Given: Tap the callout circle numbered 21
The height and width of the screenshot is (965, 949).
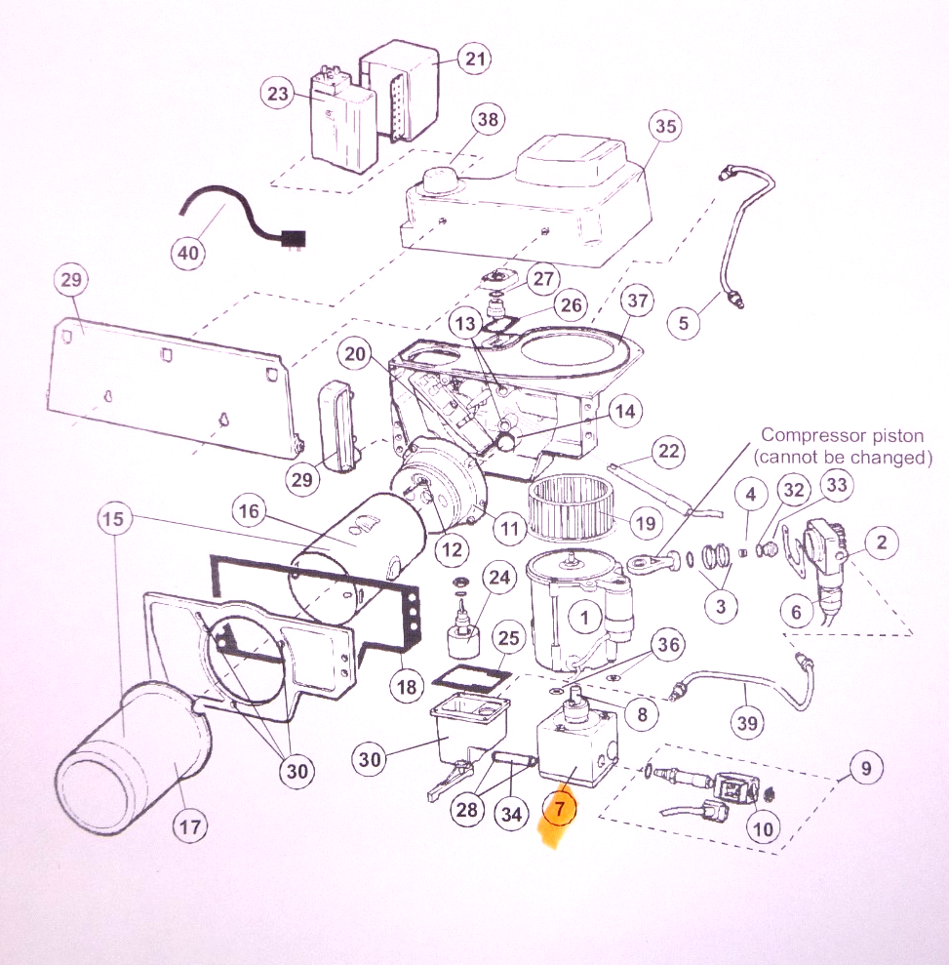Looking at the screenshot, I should pyautogui.click(x=474, y=60).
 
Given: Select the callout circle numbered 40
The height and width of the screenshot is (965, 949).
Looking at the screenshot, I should pyautogui.click(x=189, y=254).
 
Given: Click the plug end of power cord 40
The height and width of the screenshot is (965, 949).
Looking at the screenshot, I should pyautogui.click(x=291, y=237).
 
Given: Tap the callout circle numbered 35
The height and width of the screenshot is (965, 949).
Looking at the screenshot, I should pyautogui.click(x=666, y=127).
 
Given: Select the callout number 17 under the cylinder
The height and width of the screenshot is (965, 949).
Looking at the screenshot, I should pyautogui.click(x=190, y=828).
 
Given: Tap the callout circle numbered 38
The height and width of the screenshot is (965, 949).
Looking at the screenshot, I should pyautogui.click(x=487, y=120).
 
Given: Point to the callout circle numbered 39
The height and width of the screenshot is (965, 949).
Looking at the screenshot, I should pyautogui.click(x=749, y=722).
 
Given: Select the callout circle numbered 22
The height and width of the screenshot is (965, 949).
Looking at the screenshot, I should pyautogui.click(x=668, y=452).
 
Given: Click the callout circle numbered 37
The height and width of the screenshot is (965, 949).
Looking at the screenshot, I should pyautogui.click(x=638, y=302).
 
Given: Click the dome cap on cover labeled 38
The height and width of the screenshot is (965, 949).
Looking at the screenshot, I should pyautogui.click(x=442, y=182).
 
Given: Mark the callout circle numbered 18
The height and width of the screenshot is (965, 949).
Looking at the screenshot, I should pyautogui.click(x=407, y=687).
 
